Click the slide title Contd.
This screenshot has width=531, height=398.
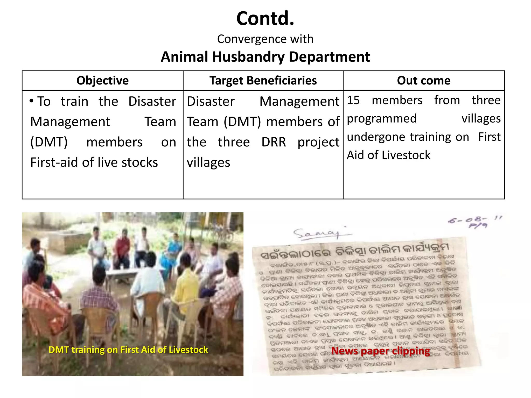click(x=265, y=19)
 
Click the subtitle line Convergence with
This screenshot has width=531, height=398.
click(x=265, y=39)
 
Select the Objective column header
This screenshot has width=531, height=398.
click(x=102, y=81)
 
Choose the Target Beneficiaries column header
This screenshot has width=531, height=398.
click(x=263, y=81)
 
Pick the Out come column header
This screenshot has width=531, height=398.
click(x=424, y=81)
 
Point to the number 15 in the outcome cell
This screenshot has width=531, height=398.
click(x=353, y=100)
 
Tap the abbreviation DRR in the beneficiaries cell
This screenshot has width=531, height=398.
click(x=274, y=142)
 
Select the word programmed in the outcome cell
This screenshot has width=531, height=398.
click(x=382, y=119)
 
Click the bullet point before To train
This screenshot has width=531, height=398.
click(x=32, y=101)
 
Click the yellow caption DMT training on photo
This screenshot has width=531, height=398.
click(x=128, y=350)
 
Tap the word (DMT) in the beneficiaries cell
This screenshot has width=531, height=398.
click(x=242, y=122)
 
